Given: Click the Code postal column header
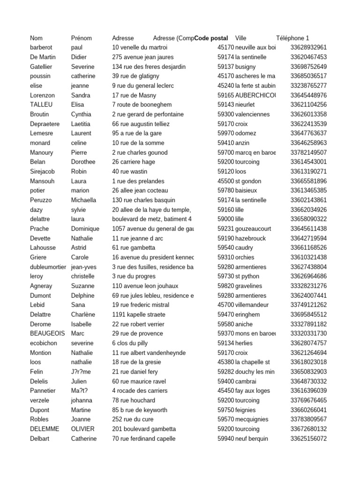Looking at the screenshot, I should pos(211,38).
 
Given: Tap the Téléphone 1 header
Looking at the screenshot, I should pos(292,38).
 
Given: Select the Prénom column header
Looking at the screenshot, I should pos(81,38).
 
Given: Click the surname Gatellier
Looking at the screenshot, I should pos(41,67).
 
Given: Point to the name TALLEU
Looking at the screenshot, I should pos(40,105).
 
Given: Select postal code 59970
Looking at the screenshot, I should pos(225,133).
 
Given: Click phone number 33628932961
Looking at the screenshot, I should pos(308,47).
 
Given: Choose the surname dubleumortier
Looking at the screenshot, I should pos(48,267).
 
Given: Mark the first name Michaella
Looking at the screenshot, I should pos(83,200).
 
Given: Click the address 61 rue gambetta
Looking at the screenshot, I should pos(134,247).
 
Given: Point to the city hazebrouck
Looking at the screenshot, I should pos(254,238).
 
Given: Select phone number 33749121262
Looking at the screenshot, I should pos(308,305).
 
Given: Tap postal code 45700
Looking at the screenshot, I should pos(225,305).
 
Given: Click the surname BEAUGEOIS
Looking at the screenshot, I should pos(47,333).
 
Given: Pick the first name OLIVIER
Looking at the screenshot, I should pos(82,429).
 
